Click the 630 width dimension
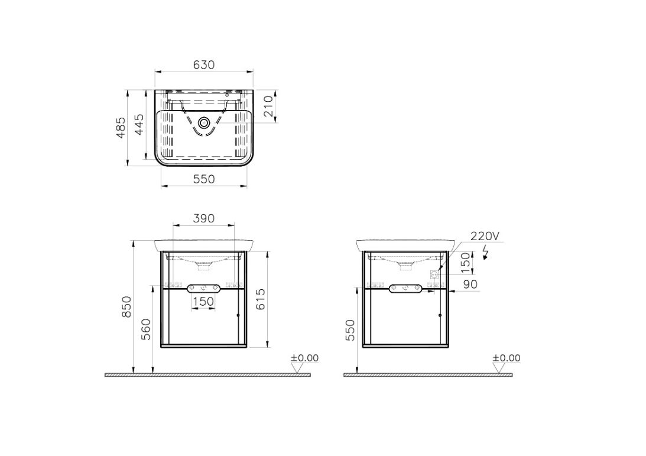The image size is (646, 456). coord(204,65)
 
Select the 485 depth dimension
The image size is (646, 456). coord(121,128)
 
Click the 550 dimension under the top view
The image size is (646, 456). coord(204,179)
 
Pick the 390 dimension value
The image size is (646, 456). coord(204,218)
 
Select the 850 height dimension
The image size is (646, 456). coord(126,307)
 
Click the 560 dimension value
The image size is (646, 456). coord(146,329)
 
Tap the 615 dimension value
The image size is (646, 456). coord(261,299)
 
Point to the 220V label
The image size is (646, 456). coord(485,236)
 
